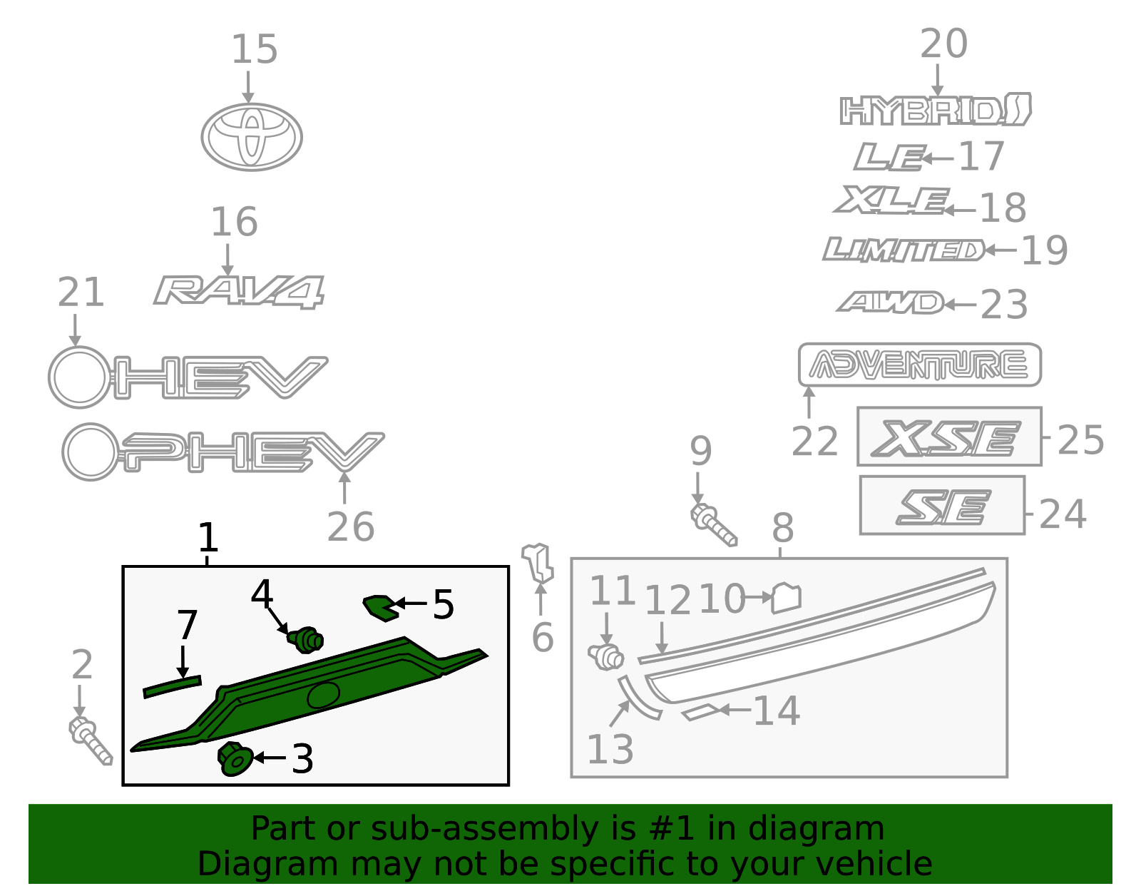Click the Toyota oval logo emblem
[251, 137]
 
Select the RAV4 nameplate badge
[239, 291]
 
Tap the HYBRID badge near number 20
[935, 111]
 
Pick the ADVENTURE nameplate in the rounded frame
[919, 365]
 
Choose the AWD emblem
[891, 302]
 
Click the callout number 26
[350, 527]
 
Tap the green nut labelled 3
[234, 758]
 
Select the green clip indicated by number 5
[381, 607]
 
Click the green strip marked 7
[173, 687]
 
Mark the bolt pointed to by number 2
[91, 741]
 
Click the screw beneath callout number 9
[713, 525]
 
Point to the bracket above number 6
[538, 562]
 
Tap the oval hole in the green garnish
[323, 694]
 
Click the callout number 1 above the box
[208, 538]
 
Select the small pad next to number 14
[701, 712]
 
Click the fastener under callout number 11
[606, 656]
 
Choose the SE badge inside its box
[943, 507]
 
